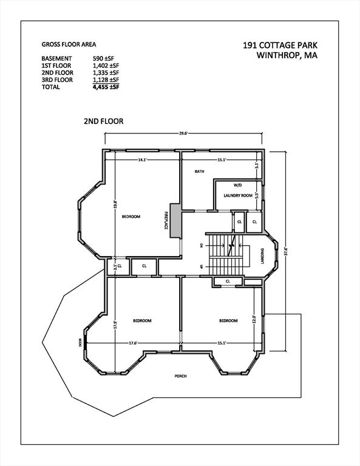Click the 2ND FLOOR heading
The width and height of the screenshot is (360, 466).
click(x=103, y=121)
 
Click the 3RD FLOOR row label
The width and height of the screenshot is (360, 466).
click(x=58, y=80)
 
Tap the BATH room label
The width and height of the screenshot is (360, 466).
click(x=199, y=172)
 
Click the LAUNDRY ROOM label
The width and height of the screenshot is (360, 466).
click(x=237, y=195)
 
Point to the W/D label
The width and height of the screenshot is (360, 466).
click(x=237, y=184)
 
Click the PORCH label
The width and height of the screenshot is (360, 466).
click(x=180, y=376)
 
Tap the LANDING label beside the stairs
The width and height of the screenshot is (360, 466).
click(x=263, y=254)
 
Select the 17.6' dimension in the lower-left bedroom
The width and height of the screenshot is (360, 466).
click(x=132, y=343)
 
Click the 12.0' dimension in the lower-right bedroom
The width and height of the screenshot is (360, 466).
click(x=255, y=319)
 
